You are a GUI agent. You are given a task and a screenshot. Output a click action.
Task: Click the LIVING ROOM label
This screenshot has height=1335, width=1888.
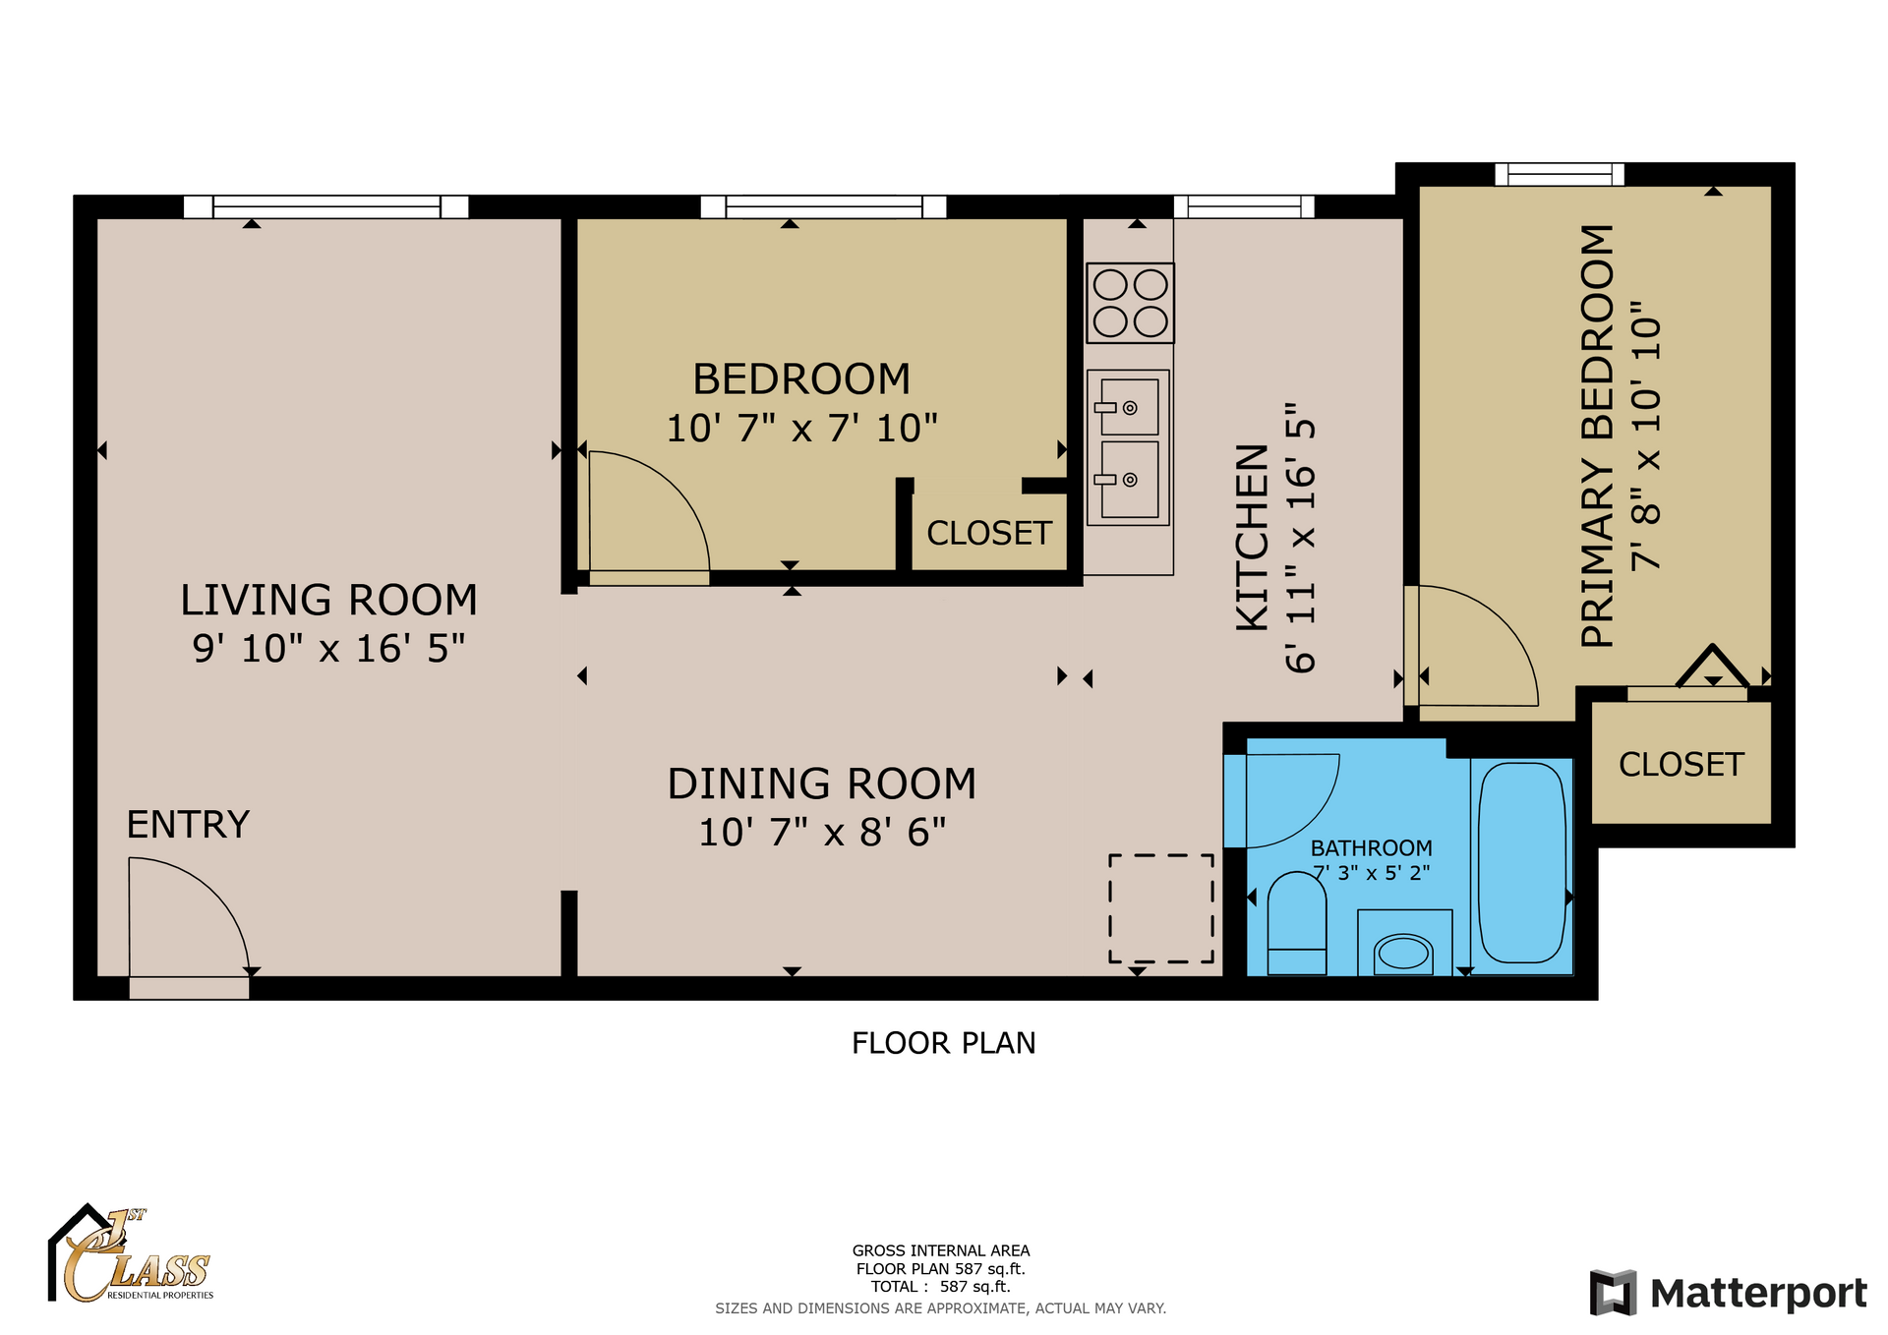click(x=328, y=600)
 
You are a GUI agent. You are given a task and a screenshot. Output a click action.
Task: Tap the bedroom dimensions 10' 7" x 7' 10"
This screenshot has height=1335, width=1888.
click(x=801, y=429)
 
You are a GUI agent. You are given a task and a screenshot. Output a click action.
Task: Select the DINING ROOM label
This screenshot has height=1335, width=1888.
click(x=822, y=784)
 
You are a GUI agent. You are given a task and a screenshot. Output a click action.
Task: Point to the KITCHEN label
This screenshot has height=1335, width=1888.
click(x=1252, y=537)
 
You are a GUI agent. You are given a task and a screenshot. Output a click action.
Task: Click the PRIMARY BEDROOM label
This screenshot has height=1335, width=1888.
click(x=1597, y=435)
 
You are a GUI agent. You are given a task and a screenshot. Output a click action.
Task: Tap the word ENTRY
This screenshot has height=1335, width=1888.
click(x=188, y=825)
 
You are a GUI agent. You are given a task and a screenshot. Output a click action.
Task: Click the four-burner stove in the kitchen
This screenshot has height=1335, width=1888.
click(x=1130, y=303)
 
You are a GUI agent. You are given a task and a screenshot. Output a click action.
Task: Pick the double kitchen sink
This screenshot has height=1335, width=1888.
click(x=1128, y=447)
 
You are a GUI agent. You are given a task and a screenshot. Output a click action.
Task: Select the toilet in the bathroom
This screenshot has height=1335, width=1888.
click(x=1297, y=924)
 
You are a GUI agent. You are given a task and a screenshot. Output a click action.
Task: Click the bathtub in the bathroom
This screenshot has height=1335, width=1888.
click(x=1521, y=863)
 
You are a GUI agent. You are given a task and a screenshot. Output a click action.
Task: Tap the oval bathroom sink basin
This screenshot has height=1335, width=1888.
click(x=1403, y=953)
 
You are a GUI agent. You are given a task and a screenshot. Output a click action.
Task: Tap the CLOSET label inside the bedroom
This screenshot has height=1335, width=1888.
click(x=989, y=534)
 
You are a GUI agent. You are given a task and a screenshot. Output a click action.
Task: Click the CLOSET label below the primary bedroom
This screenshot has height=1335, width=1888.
click(x=1681, y=765)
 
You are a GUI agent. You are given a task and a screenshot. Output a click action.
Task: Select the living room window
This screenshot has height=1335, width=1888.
click(x=326, y=206)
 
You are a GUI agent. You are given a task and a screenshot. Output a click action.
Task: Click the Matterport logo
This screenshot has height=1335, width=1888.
click(x=1728, y=1293)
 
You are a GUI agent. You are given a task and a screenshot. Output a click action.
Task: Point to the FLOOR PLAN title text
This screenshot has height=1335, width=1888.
click(x=943, y=1043)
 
